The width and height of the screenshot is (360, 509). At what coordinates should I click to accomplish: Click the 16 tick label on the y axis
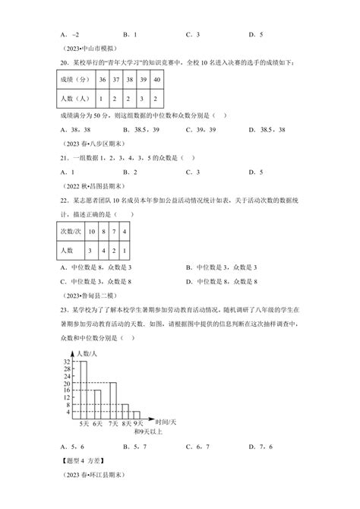coord(66,390)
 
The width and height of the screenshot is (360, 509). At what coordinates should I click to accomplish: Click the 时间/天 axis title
coord(166,420)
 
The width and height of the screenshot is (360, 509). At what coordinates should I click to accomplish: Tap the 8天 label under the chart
coord(126,423)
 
